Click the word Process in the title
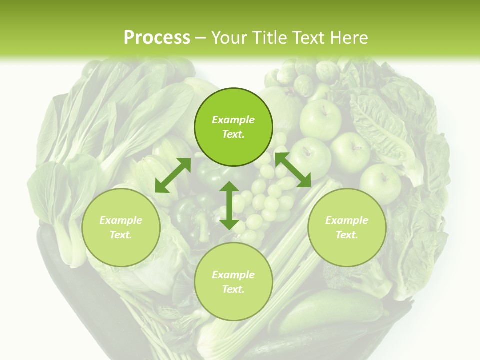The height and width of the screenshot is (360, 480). coord(157,37)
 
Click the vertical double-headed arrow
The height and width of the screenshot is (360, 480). coord(229,206)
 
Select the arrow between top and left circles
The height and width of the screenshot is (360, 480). coord(173,175)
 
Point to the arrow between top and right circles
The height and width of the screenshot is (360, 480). coord(293,170)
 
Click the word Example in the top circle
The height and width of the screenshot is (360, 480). coord(233,120)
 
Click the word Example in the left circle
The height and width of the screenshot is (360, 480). coord(121,220)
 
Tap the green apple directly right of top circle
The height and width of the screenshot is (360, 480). coord(320,120)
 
